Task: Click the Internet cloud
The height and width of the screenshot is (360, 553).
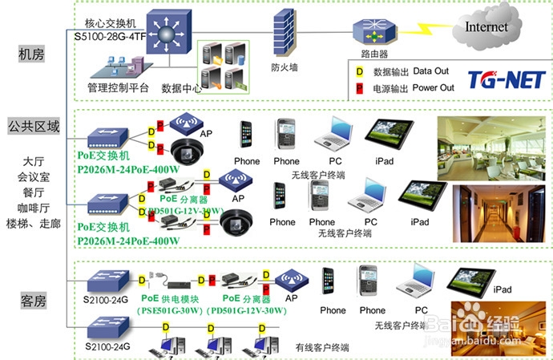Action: click(487, 27)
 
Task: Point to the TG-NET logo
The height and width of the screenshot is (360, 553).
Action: click(507, 79)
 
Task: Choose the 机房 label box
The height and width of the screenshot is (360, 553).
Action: click(32, 54)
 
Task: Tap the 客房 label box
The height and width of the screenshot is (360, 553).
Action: click(32, 301)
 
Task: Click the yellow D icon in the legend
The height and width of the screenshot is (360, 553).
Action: click(359, 72)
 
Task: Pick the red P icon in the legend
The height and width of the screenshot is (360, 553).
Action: click(359, 87)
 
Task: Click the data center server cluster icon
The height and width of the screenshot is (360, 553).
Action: click(222, 65)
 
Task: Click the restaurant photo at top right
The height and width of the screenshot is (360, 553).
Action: click(494, 144)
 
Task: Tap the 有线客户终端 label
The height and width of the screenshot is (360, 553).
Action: click(322, 348)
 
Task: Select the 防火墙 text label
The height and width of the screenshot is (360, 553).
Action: click(285, 68)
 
